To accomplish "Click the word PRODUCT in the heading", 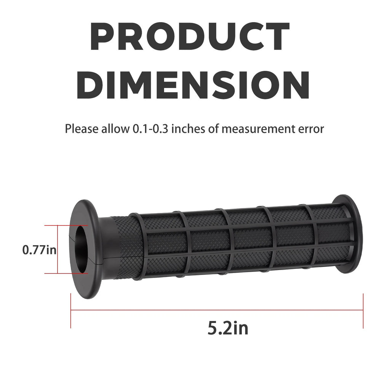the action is tap(190, 37).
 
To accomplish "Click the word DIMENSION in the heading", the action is tap(193, 85).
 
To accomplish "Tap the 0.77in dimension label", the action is tap(39, 249).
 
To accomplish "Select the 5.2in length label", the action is tap(228, 328).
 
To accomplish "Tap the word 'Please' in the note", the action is tap(82, 129).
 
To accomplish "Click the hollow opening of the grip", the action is tap(81, 250).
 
